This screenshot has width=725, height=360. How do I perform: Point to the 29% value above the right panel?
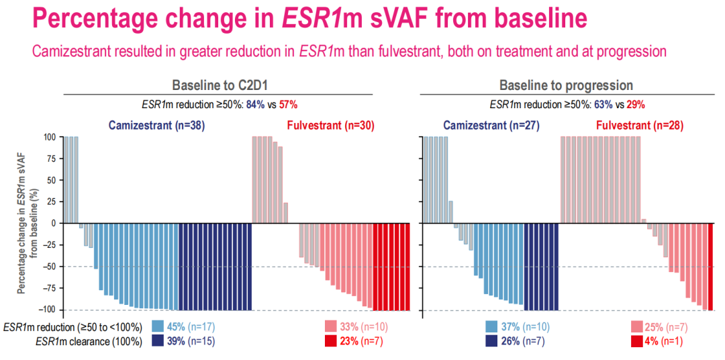click(636, 104)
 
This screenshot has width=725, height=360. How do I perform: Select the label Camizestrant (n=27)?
click(491, 125)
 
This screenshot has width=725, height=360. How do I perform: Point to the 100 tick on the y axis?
click(50, 137)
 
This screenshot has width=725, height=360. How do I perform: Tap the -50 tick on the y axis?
click(50, 267)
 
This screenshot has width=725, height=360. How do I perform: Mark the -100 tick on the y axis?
click(48, 310)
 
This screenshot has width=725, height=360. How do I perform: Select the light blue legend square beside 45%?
click(158, 327)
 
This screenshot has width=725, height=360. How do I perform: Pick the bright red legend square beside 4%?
click(638, 341)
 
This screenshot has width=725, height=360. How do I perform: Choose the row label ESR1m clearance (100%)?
click(89, 341)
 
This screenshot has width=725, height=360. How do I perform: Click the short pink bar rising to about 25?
click(285, 213)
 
